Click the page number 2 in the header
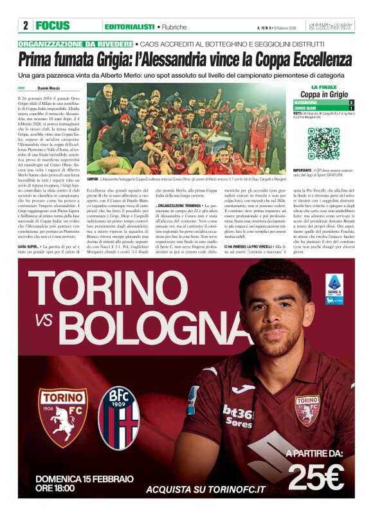[25, 26]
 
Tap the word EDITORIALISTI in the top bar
[130, 26]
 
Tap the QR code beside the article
[322, 143]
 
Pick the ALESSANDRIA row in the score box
[323, 102]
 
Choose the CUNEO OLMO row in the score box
[323, 108]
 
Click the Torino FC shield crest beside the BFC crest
[62, 417]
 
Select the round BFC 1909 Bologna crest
[120, 417]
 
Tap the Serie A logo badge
[334, 287]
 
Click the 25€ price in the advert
[316, 476]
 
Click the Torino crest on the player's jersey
[306, 410]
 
